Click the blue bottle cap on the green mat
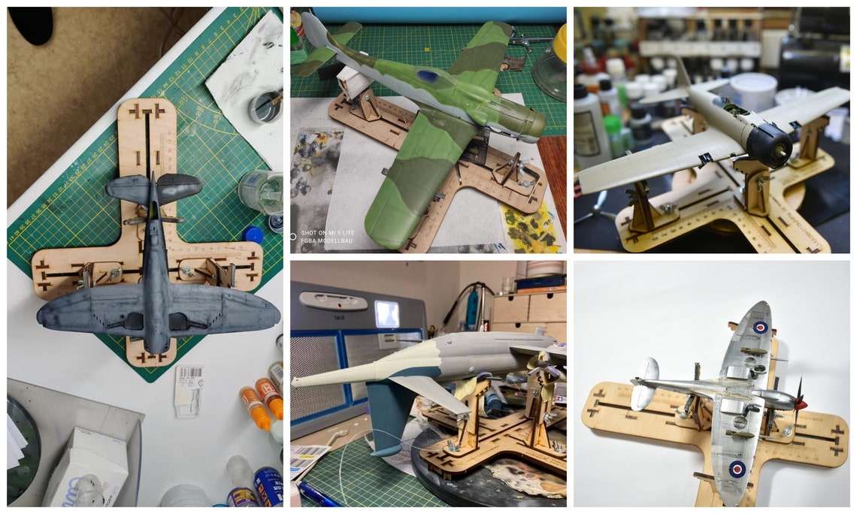[x=254, y=235]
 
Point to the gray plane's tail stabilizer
[x=154, y=188]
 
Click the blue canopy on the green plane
[x=428, y=76]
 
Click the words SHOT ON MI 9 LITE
[x=329, y=233]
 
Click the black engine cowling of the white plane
[x=769, y=143]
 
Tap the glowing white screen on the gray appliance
[x=388, y=313]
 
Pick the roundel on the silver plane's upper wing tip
[x=761, y=327]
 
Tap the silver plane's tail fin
[x=644, y=383]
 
